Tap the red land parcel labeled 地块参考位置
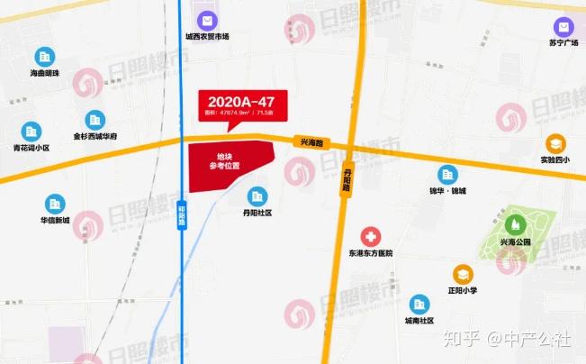pos(228,162)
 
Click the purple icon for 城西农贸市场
pos(208,20)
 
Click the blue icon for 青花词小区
pos(32,132)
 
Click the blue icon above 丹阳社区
pos(257,196)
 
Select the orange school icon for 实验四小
pos(555,142)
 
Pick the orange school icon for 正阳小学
pos(462,273)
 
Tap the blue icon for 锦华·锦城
pos(446,174)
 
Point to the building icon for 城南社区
pos(419,304)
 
